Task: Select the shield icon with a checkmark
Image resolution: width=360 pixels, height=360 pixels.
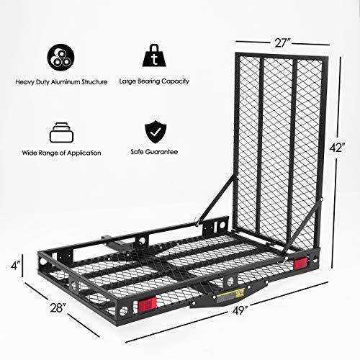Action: click(153, 132)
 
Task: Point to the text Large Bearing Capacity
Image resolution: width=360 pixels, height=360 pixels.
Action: click(153, 81)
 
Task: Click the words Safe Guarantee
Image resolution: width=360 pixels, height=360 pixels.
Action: click(153, 153)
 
